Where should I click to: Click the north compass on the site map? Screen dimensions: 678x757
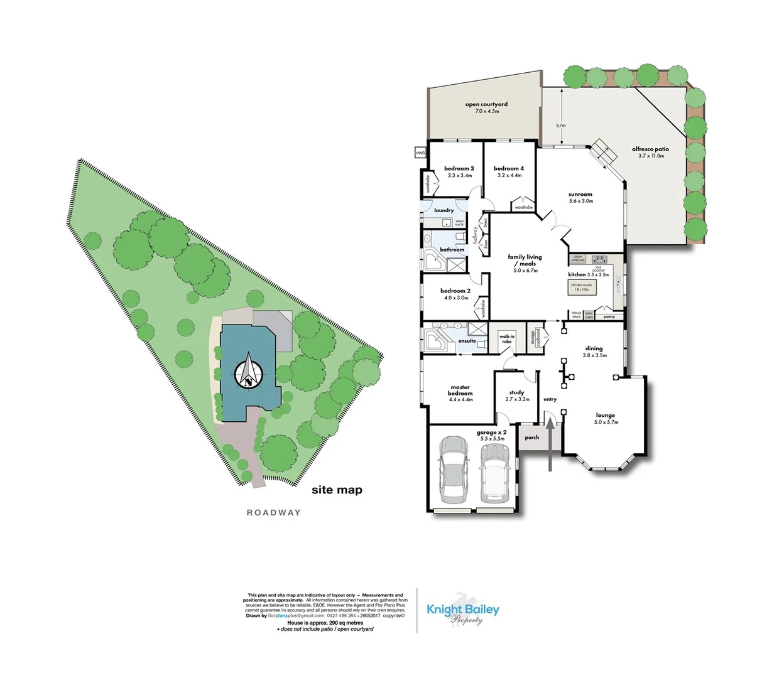tap(249, 372)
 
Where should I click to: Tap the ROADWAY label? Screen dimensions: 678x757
tap(273, 513)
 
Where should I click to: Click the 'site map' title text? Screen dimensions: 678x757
tap(337, 490)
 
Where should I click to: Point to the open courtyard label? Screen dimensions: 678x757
tap(486, 107)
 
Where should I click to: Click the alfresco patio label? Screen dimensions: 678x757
tap(650, 152)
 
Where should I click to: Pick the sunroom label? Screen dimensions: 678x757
tap(580, 197)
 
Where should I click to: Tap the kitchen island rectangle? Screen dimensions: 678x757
tap(581, 287)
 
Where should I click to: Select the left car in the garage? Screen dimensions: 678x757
tap(453, 470)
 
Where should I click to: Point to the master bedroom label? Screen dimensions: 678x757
tap(460, 393)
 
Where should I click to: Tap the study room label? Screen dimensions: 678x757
tap(516, 395)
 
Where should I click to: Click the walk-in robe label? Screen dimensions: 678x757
tap(506, 339)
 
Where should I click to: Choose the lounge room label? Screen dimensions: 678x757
tap(606, 418)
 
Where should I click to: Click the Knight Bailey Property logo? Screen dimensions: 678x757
tap(463, 612)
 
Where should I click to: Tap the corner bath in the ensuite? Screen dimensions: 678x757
tap(433, 341)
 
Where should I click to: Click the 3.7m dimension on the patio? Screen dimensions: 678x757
tap(560, 126)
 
